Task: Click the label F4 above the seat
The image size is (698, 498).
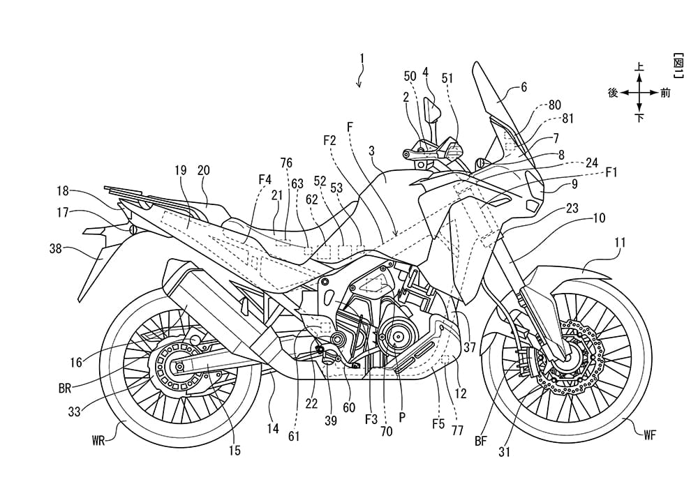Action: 265,179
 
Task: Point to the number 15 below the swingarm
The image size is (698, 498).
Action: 235,451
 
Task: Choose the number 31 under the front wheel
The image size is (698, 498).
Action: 523,451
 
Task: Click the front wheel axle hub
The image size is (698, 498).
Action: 564,361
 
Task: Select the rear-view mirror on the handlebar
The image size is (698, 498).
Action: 433,110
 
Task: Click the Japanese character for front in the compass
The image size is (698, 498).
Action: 665,93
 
